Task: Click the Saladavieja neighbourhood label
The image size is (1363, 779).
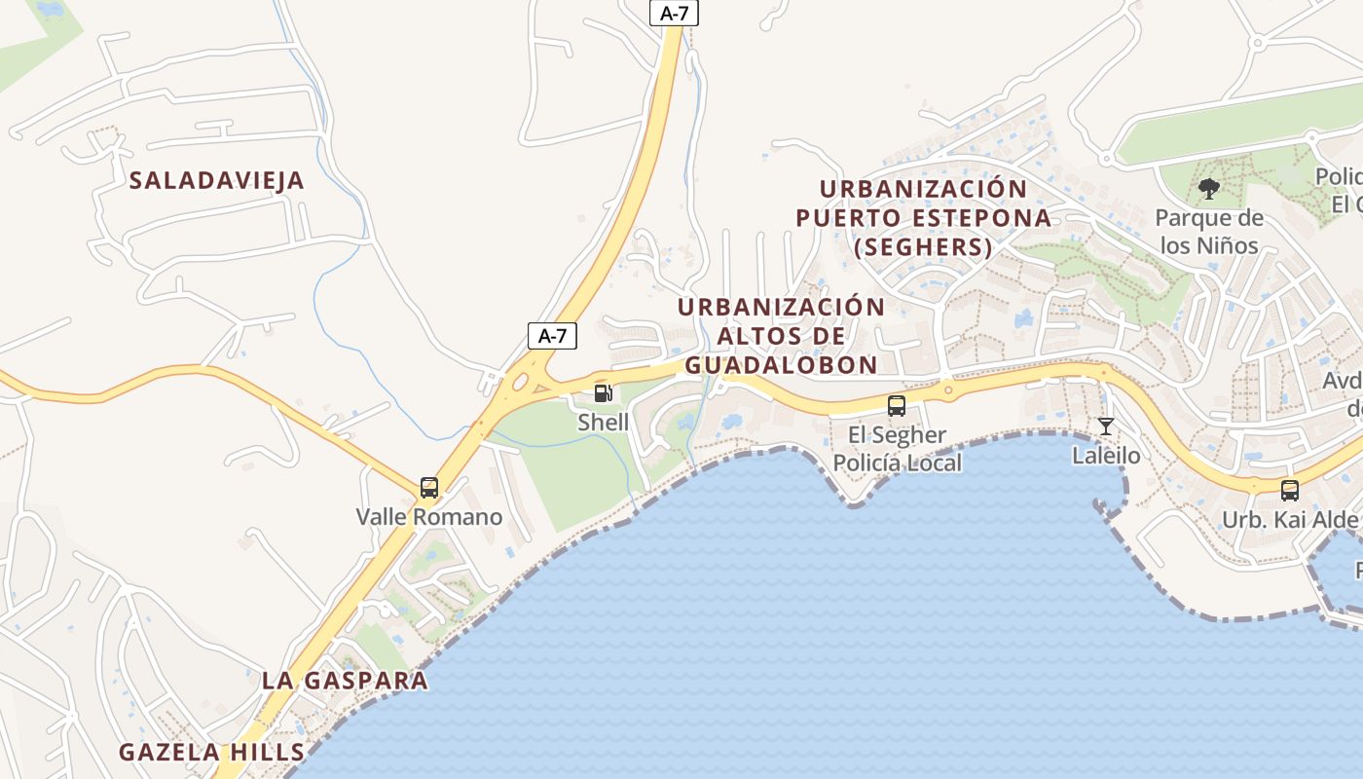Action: (217, 180)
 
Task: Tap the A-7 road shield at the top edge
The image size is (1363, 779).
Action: (674, 13)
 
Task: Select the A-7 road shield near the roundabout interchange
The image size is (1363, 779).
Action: (552, 336)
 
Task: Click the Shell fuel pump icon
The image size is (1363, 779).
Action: (604, 393)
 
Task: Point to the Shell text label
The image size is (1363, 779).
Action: (604, 423)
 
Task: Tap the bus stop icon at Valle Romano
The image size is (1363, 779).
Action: (429, 488)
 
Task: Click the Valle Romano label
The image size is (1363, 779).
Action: (429, 516)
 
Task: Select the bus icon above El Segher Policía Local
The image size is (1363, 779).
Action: (897, 406)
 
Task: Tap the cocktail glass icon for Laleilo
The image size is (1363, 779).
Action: (1106, 427)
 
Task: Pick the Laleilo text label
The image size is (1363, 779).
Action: (1106, 455)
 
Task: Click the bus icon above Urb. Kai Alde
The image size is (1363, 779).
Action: (1290, 491)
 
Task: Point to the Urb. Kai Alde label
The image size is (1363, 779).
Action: (1290, 519)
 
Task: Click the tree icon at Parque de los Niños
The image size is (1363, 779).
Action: (1209, 189)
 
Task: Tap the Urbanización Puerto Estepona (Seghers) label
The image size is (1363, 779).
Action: (923, 217)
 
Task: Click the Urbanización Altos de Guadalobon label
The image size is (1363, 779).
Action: (781, 335)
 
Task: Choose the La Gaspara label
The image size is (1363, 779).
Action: (345, 681)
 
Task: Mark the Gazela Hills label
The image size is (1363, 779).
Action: (211, 752)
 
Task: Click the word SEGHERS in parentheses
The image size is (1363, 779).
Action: (923, 247)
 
